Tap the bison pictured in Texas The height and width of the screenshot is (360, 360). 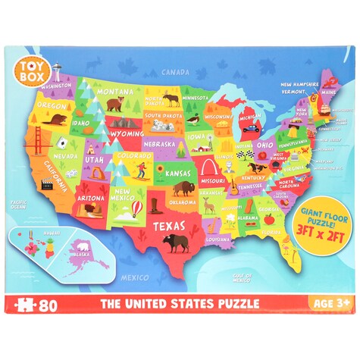(176, 242)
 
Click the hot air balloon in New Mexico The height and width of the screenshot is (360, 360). (138, 208)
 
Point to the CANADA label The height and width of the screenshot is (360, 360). (176, 73)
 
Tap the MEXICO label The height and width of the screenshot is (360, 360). (134, 277)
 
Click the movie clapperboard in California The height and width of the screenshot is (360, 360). (46, 182)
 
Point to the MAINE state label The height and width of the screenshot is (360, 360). (329, 92)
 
